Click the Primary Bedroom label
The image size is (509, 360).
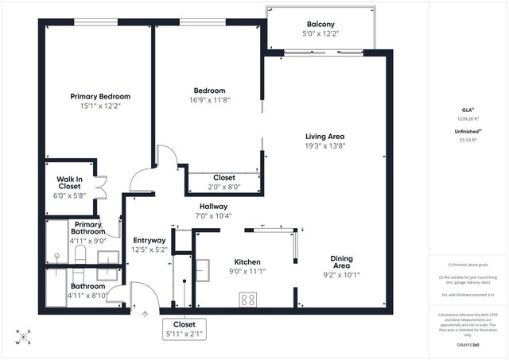click(x=99, y=96)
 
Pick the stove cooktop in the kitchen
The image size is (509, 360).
click(x=247, y=300)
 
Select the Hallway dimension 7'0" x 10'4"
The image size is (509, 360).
click(x=215, y=215)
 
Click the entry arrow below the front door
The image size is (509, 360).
click(x=145, y=315)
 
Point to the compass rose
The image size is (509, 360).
click(x=25, y=337)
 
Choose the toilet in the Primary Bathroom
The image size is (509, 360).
click(x=80, y=254)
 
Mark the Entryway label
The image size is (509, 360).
click(x=150, y=240)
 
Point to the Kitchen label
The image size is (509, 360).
click(x=247, y=261)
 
